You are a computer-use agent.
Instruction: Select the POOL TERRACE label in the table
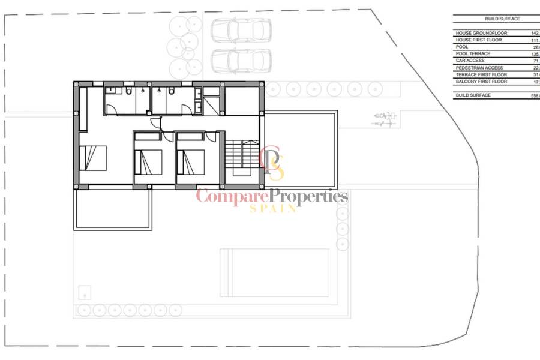click(473, 54)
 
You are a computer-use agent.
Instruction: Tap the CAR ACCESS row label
click(470, 61)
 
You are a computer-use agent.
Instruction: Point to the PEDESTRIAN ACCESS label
click(479, 68)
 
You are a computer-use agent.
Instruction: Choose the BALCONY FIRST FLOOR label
click(481, 81)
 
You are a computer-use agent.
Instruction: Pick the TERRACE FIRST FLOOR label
click(481, 74)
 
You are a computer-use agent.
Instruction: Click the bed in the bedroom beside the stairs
click(191, 162)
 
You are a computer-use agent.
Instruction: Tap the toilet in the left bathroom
click(128, 91)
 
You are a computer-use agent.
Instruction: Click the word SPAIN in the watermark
click(273, 208)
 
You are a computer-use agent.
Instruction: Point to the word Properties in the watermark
click(308, 196)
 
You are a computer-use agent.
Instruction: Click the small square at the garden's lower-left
click(85, 292)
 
